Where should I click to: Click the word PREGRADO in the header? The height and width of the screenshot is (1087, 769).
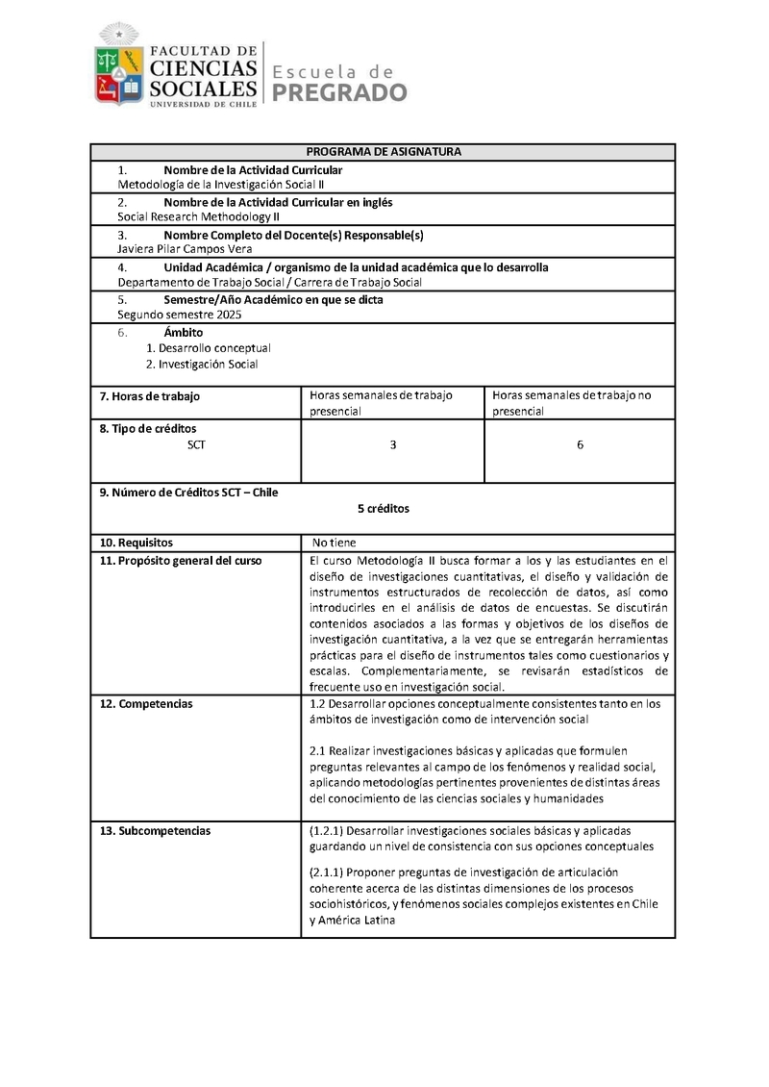(x=340, y=92)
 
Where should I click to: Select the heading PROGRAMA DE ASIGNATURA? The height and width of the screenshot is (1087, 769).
(x=384, y=152)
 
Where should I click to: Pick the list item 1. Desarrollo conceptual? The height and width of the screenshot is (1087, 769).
(x=209, y=347)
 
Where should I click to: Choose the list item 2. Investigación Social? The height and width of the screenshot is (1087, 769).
(x=202, y=365)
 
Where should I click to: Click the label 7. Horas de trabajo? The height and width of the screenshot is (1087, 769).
(x=150, y=396)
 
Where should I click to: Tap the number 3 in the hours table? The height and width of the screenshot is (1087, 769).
(x=393, y=444)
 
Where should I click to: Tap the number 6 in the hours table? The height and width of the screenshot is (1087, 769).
(x=581, y=444)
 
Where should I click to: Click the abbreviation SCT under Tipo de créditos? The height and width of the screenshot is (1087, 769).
(x=196, y=444)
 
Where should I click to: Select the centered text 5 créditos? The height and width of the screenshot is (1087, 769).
(x=383, y=508)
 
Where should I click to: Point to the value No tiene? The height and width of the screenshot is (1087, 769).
(x=333, y=543)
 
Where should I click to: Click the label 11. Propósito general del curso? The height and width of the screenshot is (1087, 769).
(x=181, y=561)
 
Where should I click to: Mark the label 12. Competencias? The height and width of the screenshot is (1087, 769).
(x=146, y=703)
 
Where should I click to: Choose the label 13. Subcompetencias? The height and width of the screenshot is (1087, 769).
(x=155, y=830)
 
